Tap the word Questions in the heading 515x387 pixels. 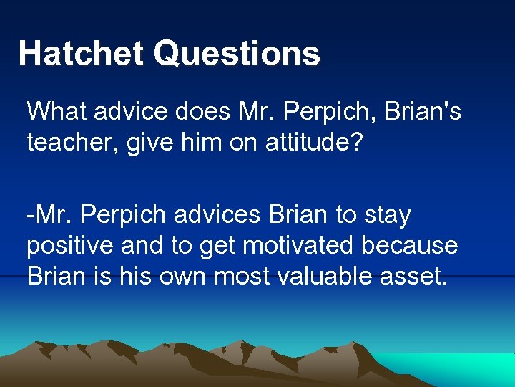click(237, 54)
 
